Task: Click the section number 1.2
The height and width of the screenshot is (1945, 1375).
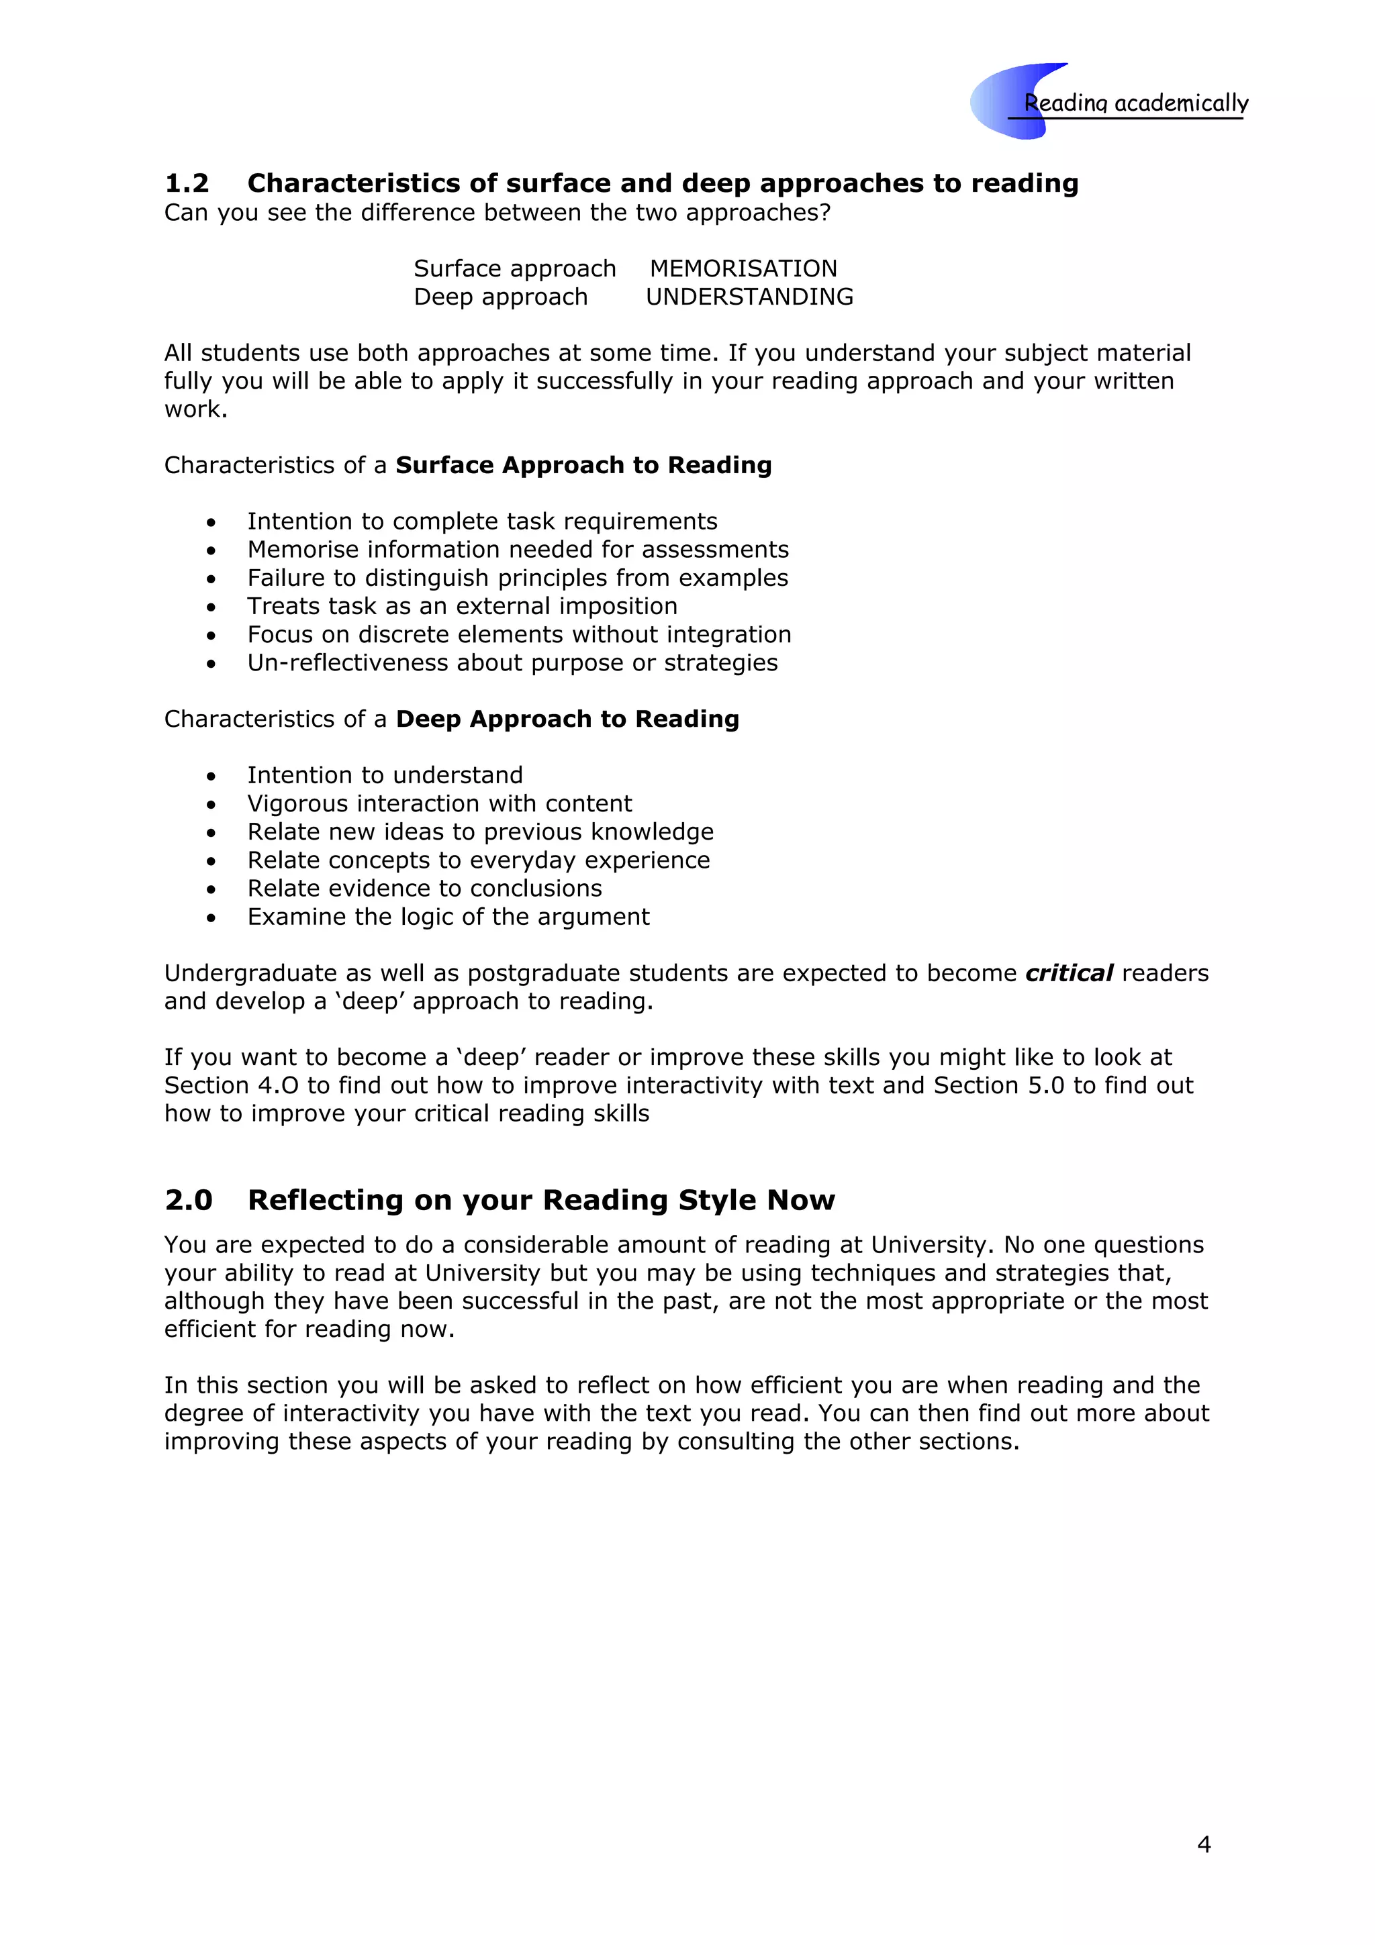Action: (x=187, y=183)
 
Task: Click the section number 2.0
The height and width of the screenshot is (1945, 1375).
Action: (x=188, y=1201)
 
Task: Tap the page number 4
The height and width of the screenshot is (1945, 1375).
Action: (x=1204, y=1844)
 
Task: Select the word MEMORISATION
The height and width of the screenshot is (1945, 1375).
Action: (x=743, y=268)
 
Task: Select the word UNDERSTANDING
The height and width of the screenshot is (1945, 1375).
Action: (x=749, y=297)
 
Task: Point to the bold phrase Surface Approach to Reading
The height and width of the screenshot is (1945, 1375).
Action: (x=583, y=465)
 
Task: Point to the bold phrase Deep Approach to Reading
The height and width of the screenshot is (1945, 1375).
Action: (x=567, y=719)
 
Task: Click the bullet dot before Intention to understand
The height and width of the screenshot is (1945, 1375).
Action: (x=211, y=776)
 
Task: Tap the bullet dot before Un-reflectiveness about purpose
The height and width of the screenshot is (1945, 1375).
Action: (x=211, y=664)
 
